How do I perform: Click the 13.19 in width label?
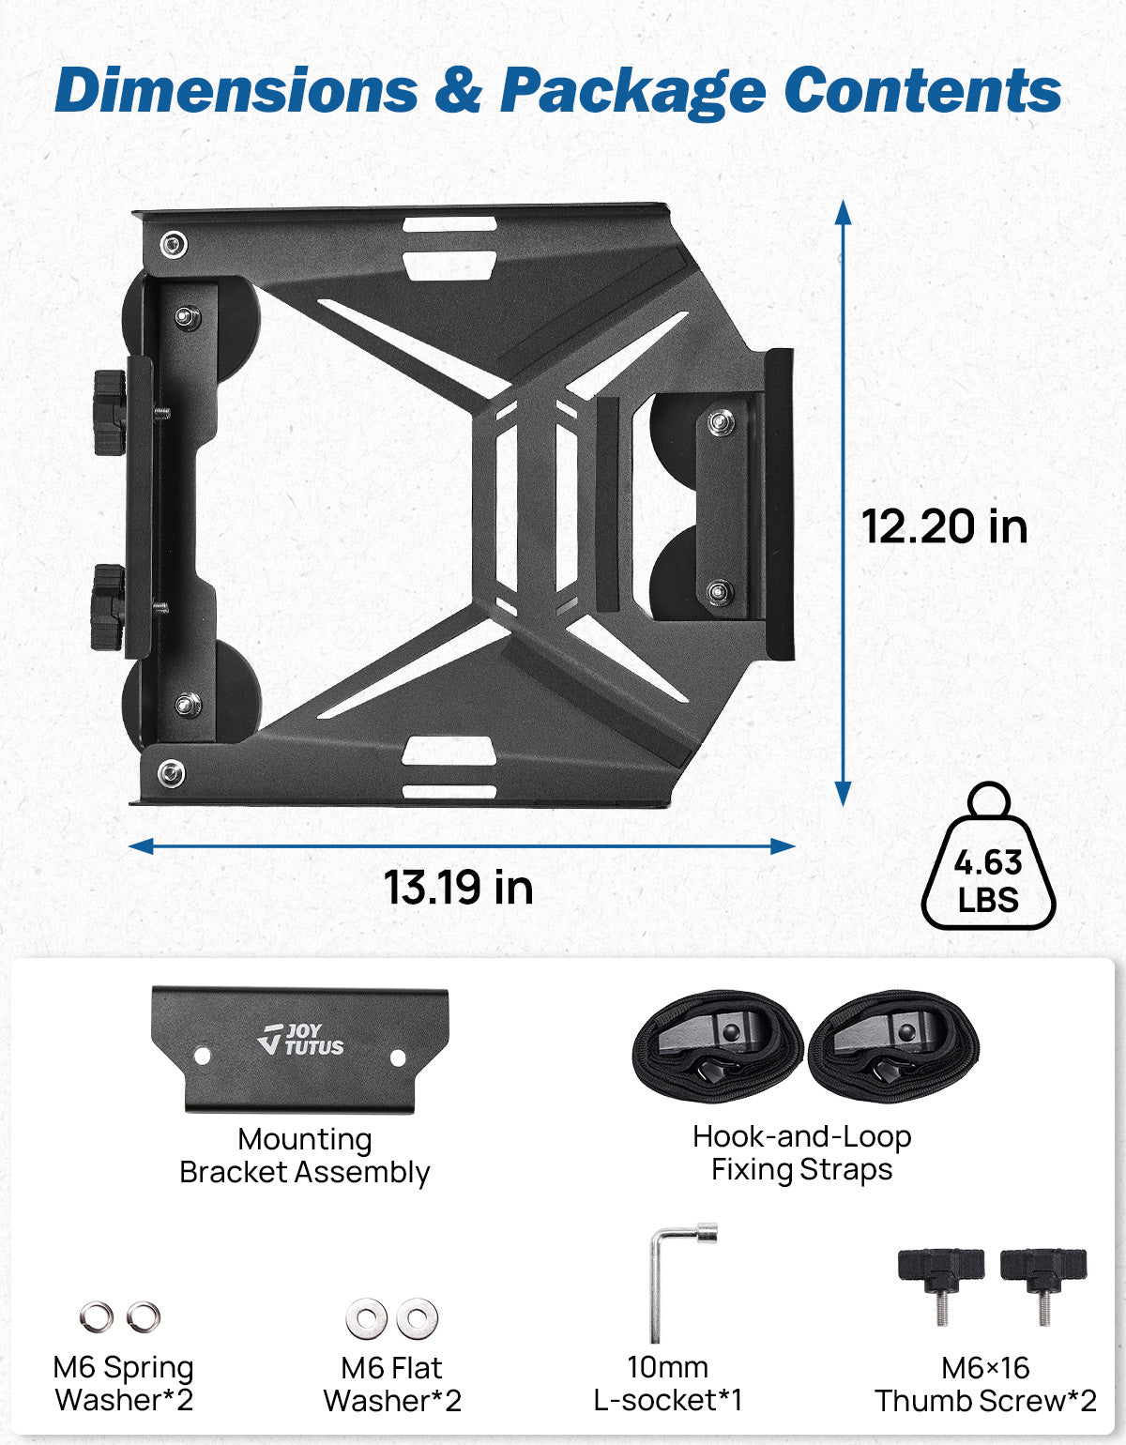[x=458, y=887]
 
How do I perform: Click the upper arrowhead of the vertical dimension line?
[x=843, y=212]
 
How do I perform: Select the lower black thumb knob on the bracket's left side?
[x=108, y=607]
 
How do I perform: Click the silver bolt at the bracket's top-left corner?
[x=173, y=245]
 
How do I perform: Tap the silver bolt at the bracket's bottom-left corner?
[x=170, y=774]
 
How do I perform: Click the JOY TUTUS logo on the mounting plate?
[x=300, y=1040]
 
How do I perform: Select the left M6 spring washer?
[x=96, y=1317]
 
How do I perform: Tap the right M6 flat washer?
[x=417, y=1319]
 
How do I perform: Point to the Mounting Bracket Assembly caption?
[x=304, y=1155]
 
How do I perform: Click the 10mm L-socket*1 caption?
[x=667, y=1383]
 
